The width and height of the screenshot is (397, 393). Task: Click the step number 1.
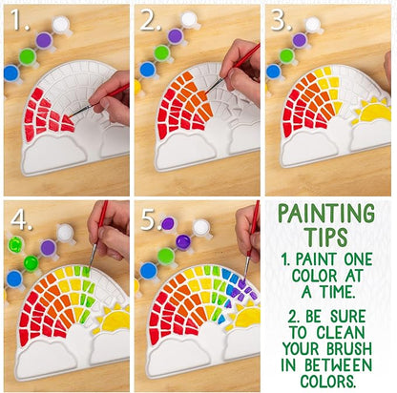pos(19,20)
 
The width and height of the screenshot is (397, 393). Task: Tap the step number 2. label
pos(151,20)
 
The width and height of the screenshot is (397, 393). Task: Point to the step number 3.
pos(282,20)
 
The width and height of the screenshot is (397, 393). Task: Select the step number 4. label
pos(19,218)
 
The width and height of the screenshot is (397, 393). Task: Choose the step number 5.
pos(151,218)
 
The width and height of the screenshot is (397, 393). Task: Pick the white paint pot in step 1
pos(61,23)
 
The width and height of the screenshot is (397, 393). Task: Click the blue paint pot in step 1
pos(11,72)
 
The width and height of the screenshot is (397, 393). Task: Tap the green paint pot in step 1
pos(28,56)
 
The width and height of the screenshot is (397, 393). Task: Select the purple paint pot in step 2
pos(175,36)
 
